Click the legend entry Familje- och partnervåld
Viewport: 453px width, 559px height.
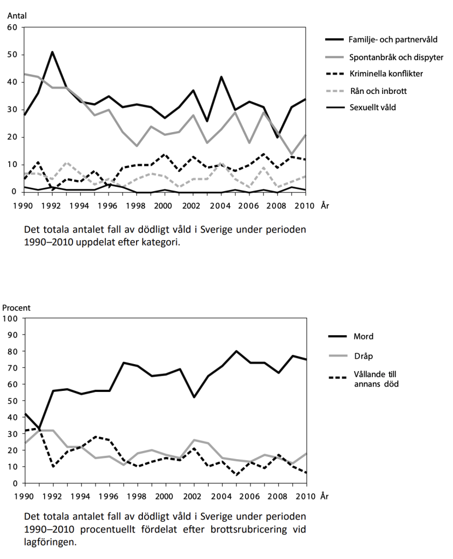tap(393, 39)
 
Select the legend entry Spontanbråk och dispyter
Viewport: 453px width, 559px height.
tap(396, 57)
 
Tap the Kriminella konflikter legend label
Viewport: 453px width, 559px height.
tap(386, 74)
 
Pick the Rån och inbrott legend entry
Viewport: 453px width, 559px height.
tap(378, 91)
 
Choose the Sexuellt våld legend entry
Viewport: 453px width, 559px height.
tap(372, 108)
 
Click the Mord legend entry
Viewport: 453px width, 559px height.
tap(363, 336)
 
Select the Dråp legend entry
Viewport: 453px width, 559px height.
tap(363, 356)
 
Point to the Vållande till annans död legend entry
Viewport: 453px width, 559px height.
tap(375, 379)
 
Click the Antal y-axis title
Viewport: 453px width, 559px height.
tap(17, 16)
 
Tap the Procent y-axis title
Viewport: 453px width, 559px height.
tap(16, 308)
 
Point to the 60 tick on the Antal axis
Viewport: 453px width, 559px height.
tap(12, 27)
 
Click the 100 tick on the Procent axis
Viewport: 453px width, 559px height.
tap(10, 318)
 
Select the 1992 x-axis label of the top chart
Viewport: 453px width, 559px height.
tap(52, 206)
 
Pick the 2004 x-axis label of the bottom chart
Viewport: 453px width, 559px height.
tap(222, 496)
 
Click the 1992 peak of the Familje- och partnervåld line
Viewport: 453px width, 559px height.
tap(52, 52)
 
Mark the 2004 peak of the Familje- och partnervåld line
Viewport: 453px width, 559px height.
tap(222, 76)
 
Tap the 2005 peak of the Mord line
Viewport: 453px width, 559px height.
tap(236, 351)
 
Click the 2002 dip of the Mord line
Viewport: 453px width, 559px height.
tap(194, 397)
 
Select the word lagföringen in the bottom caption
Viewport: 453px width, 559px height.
tap(50, 542)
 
